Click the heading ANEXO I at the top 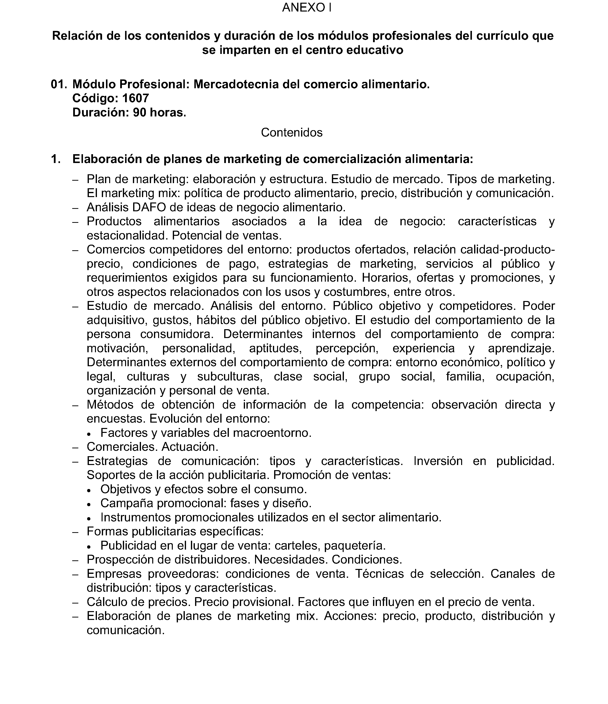(x=306, y=7)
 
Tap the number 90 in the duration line (x=140, y=113)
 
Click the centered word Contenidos (x=292, y=132)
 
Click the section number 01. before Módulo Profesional (x=59, y=84)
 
